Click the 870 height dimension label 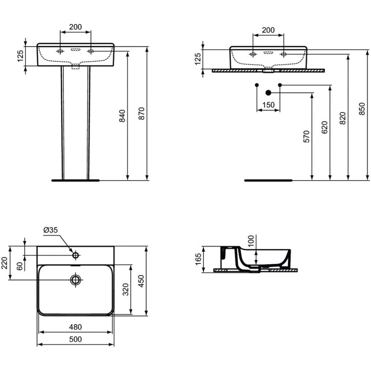tap(141, 113)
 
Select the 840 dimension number tap(122, 116)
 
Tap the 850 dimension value tap(362, 109)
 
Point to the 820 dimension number tap(342, 118)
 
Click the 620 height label tap(325, 127)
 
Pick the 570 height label tap(306, 136)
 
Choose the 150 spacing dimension tap(268, 105)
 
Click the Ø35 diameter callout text tap(50, 230)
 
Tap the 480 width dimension tap(75, 327)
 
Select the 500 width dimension tap(75, 339)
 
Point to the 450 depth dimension tap(141, 281)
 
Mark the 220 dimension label tap(5, 263)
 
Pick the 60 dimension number tap(20, 266)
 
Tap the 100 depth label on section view tap(251, 241)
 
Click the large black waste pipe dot tap(268, 92)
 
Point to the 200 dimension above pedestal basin tap(75, 27)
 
